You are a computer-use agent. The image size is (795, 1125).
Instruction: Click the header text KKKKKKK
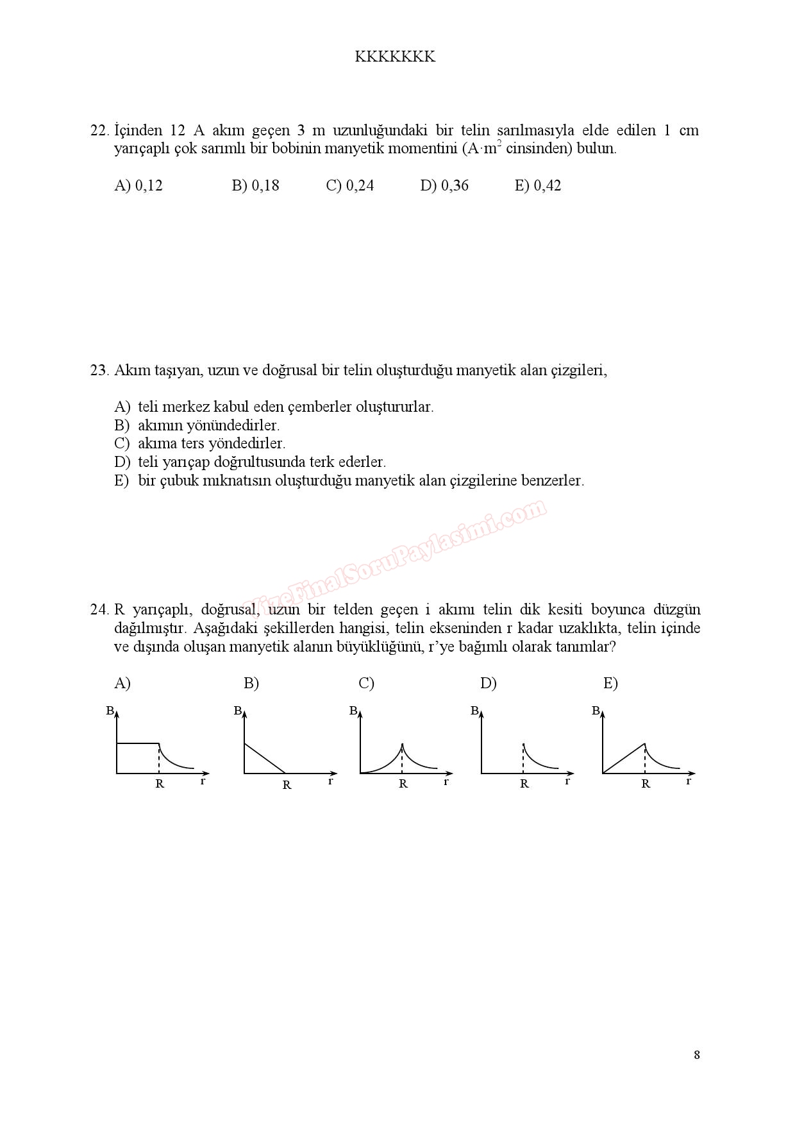click(395, 57)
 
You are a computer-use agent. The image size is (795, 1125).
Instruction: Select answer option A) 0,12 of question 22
click(138, 186)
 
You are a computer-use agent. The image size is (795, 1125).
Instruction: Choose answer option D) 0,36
click(444, 186)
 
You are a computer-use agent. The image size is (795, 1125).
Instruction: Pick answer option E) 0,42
click(538, 186)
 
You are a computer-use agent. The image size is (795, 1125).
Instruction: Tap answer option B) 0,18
click(255, 186)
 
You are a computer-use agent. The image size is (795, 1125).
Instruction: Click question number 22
click(99, 131)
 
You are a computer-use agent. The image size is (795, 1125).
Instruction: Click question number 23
click(99, 371)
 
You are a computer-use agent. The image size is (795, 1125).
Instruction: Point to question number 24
click(99, 610)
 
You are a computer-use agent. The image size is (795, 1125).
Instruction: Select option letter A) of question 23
click(122, 407)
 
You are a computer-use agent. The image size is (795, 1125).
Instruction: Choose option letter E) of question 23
click(122, 481)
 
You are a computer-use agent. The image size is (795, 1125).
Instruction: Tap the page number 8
click(697, 1055)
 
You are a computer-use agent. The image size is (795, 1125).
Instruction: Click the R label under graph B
click(287, 785)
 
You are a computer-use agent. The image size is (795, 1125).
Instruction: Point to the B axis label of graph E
click(596, 711)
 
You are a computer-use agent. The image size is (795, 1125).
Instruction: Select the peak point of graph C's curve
click(402, 744)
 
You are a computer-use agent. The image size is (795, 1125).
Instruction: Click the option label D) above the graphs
click(489, 684)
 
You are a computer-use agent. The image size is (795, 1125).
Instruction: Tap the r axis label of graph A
click(203, 781)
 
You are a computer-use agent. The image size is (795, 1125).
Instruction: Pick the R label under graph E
click(646, 784)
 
